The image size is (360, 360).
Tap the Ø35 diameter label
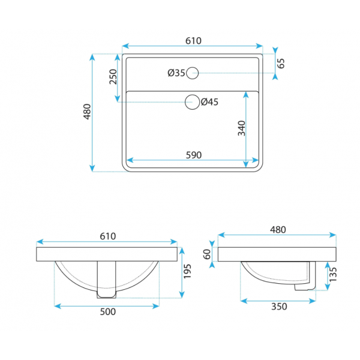coord(176,73)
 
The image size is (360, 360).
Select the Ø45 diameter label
coord(209,102)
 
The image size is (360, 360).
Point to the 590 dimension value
coord(194,155)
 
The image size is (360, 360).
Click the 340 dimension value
coord(242,128)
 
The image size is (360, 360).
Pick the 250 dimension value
coord(113,77)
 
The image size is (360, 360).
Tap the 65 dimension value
coord(281,64)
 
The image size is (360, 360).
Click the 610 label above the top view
coord(194,41)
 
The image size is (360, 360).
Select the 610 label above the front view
coord(108,236)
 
